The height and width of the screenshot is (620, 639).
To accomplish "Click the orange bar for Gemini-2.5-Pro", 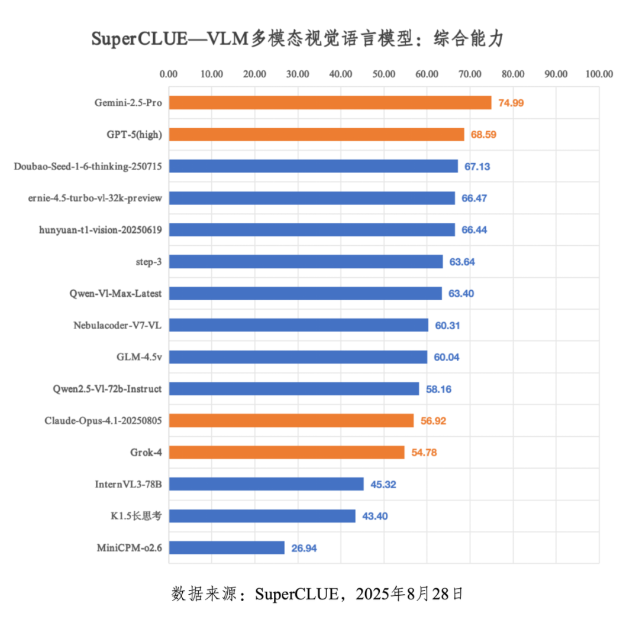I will point(330,102).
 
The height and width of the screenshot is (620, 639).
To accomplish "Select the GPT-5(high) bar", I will point(316,134).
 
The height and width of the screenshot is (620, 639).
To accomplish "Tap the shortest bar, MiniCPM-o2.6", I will point(226,548).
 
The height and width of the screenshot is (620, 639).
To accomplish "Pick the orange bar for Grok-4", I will point(286,452).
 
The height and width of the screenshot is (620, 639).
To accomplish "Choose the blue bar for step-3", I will point(305,261).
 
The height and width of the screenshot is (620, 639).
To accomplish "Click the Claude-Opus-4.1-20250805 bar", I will point(291,420).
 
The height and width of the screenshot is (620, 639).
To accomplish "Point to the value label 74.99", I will point(511,103).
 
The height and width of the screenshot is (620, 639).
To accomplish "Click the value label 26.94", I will point(304,548).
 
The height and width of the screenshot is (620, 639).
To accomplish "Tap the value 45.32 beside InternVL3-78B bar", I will point(383,485).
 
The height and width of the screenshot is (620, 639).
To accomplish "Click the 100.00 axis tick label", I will point(599,74).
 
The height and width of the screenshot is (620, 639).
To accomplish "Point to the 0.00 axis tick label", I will point(169,74).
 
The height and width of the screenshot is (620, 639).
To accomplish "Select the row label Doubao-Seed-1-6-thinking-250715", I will point(88,167).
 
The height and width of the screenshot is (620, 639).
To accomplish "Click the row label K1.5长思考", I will point(136,516).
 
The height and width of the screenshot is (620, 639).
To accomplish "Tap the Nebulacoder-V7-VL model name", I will point(118,325).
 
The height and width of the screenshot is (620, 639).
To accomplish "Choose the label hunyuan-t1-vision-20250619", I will point(100,230).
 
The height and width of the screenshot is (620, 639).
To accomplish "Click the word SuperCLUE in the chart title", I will point(128,40).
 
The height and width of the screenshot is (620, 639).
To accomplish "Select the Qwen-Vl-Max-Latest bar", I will point(305,293).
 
